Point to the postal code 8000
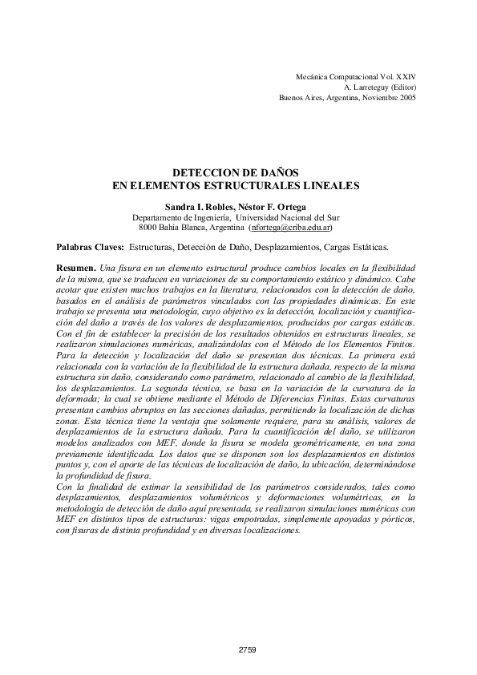[x=147, y=227]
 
